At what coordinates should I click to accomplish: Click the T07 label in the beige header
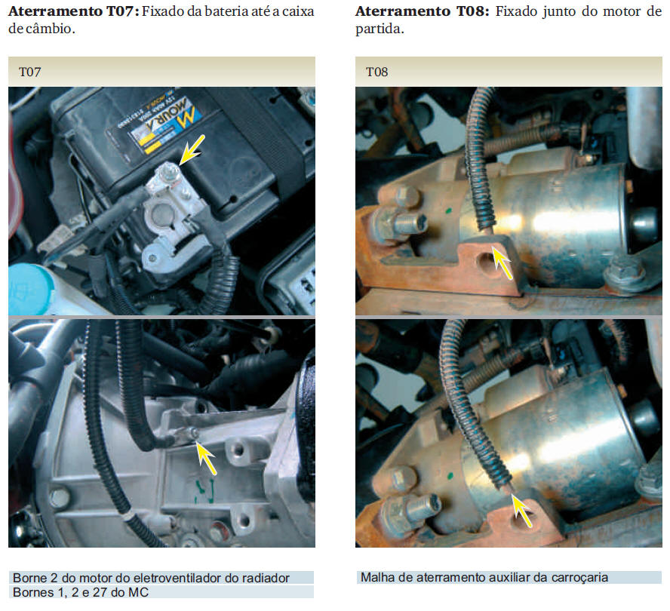30,72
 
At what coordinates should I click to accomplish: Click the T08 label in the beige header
377,72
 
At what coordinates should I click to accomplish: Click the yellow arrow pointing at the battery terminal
192,150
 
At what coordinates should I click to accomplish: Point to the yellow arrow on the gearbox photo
206,457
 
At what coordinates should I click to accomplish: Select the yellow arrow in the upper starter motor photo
502,263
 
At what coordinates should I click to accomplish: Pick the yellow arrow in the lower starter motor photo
521,510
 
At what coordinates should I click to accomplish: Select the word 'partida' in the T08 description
380,29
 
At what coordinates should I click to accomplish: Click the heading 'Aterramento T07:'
73,11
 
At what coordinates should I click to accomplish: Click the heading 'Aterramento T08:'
423,11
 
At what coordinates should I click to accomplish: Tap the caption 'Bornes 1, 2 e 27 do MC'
81,592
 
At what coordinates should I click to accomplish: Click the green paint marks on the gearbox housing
204,490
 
